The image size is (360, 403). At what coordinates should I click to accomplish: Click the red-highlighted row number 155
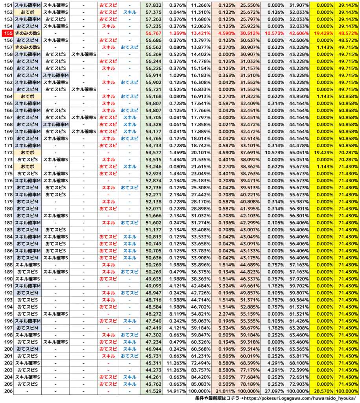[x=7, y=33]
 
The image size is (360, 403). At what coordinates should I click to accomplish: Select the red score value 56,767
[x=153, y=33]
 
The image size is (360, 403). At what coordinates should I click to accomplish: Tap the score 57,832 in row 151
[x=153, y=5]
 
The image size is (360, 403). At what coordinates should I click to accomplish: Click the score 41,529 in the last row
[x=153, y=392]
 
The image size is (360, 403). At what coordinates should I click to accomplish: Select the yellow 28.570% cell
[x=323, y=392]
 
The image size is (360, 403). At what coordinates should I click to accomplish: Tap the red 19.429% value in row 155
[x=323, y=33]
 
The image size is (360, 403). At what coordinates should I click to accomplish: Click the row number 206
[x=7, y=392]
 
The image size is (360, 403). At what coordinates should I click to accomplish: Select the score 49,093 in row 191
[x=153, y=286]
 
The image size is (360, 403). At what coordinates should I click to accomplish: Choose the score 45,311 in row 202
[x=153, y=363]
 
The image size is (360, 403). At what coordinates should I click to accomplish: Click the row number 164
[x=7, y=96]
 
